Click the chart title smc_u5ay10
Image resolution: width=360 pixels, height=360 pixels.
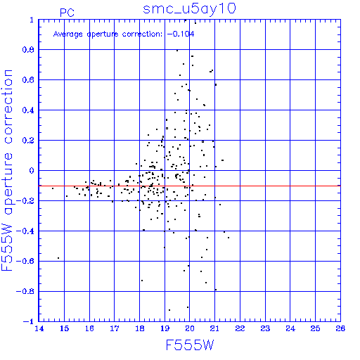[x=189, y=9]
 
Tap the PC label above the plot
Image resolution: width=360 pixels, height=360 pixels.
[x=67, y=13]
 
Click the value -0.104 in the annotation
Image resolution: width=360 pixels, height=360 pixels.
[x=181, y=34]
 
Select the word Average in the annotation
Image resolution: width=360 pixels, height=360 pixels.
[x=68, y=34]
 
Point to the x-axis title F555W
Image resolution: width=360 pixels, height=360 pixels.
[x=190, y=345]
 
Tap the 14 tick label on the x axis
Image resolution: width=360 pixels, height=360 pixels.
[x=39, y=328]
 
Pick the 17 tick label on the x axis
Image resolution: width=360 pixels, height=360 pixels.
[x=115, y=328]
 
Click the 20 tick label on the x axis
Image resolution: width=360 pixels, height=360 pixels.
[x=190, y=328]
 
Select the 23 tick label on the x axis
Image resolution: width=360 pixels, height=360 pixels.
[x=265, y=328]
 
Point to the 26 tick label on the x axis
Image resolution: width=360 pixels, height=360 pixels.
[x=340, y=328]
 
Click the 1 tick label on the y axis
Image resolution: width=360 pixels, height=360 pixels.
[x=32, y=20]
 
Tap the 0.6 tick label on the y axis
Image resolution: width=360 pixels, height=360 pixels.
[x=28, y=80]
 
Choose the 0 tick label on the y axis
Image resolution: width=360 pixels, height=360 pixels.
[x=32, y=171]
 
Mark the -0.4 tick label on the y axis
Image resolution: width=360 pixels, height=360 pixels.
[x=25, y=231]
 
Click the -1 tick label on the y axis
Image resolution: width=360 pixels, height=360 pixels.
[x=29, y=321]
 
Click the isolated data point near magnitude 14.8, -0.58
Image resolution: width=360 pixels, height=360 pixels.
[x=58, y=258]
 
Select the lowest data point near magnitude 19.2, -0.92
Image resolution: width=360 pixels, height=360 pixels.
[x=169, y=310]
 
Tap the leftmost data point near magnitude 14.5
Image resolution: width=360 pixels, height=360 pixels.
[x=53, y=188]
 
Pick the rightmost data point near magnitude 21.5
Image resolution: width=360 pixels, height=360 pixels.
[x=229, y=238]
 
